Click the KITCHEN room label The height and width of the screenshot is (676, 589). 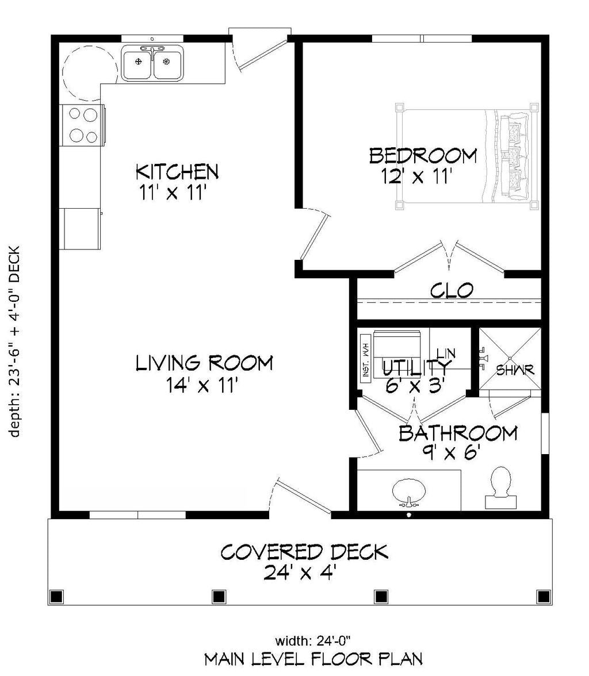click(177, 171)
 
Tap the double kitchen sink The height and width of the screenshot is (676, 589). click(152, 63)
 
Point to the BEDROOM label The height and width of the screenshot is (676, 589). click(423, 156)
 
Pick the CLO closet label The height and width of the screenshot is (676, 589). click(452, 291)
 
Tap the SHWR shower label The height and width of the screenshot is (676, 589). click(515, 370)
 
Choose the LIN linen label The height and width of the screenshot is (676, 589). click(446, 354)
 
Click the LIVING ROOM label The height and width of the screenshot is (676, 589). click(204, 363)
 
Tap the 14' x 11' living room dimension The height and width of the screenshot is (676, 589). click(202, 385)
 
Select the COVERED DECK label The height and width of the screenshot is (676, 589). click(304, 552)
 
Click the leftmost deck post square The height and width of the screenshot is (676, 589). click(56, 597)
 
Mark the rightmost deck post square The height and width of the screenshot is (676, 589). click(543, 597)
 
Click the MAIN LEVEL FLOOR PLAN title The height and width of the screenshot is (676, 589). click(313, 659)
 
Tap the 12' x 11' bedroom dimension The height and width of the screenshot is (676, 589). click(417, 177)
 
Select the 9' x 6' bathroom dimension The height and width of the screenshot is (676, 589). click(452, 452)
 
